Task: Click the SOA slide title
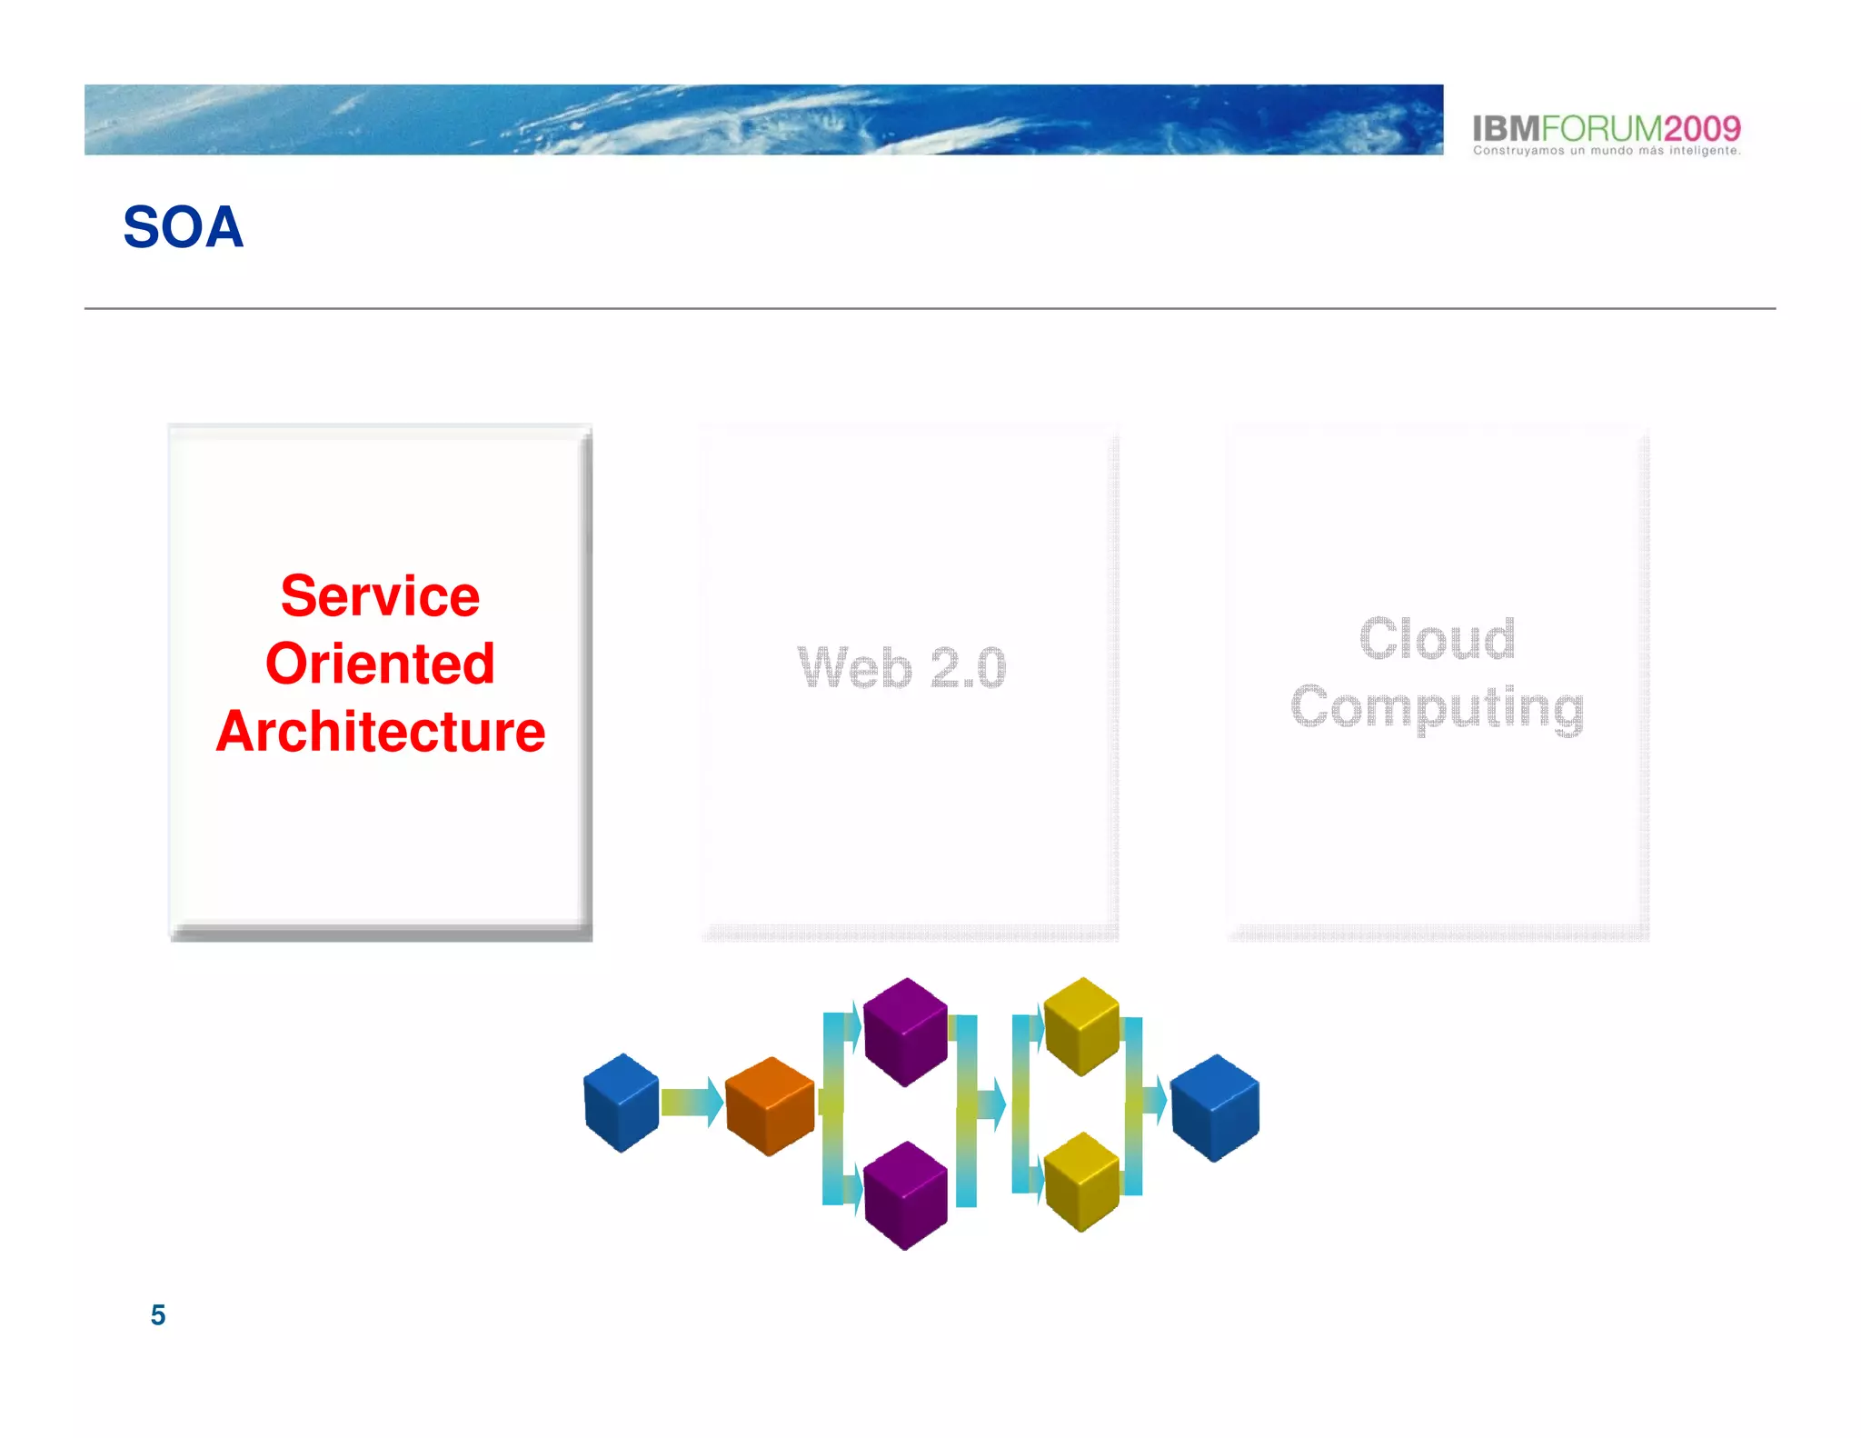click(183, 226)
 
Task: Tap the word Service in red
click(380, 596)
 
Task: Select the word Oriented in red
click(380, 664)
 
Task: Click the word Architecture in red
click(380, 732)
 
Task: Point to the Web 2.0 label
click(901, 668)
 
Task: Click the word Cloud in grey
click(1437, 638)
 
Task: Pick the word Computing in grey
click(1437, 707)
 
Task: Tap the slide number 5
click(158, 1314)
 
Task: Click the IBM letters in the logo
click(1506, 128)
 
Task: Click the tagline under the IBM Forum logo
click(1606, 151)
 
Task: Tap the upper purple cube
click(905, 1031)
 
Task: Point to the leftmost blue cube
click(622, 1102)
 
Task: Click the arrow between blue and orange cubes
click(692, 1102)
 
